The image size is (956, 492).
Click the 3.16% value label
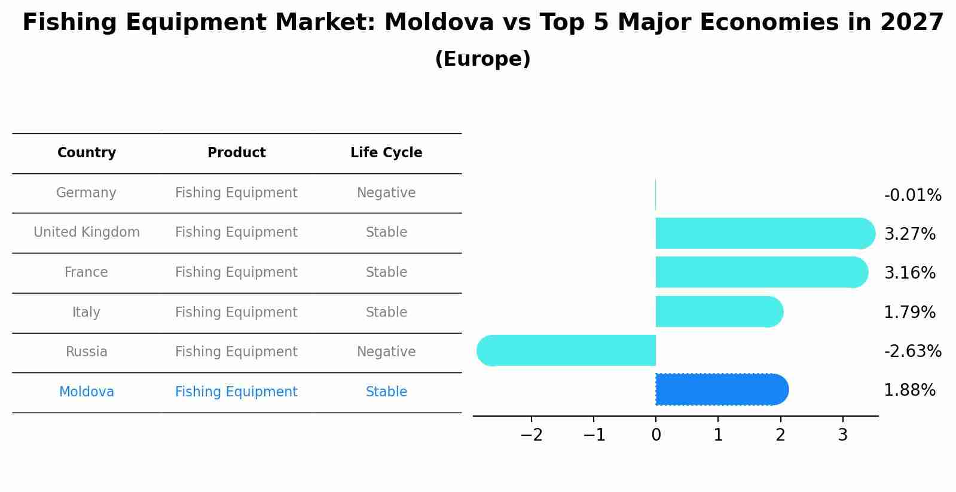click(909, 273)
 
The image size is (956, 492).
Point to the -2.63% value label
click(912, 352)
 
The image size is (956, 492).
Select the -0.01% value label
click(912, 195)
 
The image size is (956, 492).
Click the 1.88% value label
click(909, 390)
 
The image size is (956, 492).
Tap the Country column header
click(87, 153)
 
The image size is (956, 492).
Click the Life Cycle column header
click(386, 153)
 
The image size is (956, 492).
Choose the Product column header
click(236, 153)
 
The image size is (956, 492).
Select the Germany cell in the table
click(86, 193)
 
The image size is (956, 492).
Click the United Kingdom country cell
click(87, 233)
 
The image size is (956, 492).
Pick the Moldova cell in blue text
click(87, 392)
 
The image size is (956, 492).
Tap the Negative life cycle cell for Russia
click(386, 352)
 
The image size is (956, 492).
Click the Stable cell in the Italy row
click(386, 313)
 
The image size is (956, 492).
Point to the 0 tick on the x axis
click(656, 435)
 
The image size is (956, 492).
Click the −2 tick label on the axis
click(532, 435)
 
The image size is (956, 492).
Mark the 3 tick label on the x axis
click(842, 435)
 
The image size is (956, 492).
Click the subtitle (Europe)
click(482, 59)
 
